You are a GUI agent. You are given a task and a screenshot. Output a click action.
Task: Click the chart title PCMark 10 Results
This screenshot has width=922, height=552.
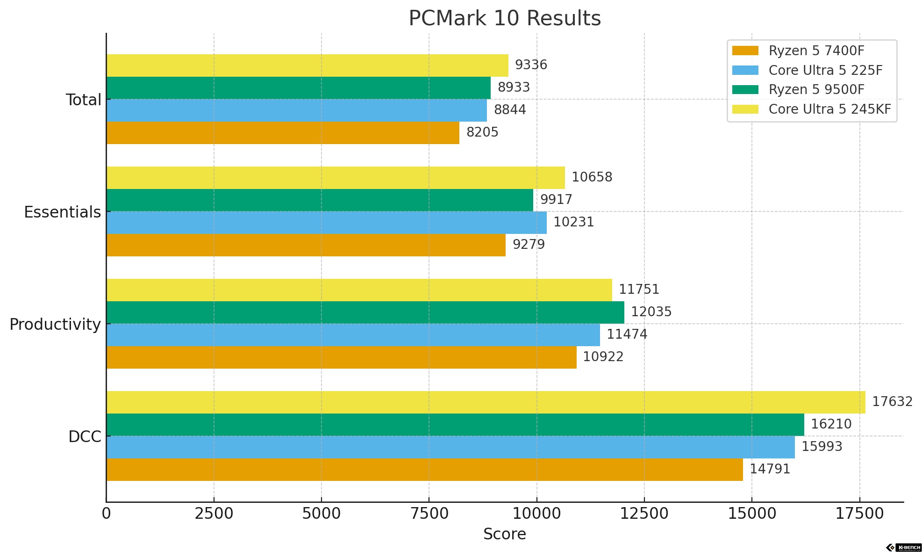point(504,19)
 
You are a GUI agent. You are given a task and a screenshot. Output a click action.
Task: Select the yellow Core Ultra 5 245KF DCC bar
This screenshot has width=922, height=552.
point(486,402)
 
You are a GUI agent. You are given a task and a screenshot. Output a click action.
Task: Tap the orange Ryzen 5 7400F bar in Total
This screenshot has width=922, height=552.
point(283,133)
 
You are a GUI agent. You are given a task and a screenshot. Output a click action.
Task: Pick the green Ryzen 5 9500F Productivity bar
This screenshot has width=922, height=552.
point(365,312)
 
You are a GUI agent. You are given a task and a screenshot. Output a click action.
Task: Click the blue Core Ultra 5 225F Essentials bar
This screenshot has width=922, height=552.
point(326,223)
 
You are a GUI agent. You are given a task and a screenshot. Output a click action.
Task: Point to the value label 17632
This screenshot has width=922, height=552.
point(892,402)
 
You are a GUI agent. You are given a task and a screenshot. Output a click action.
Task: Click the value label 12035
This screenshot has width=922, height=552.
point(651,312)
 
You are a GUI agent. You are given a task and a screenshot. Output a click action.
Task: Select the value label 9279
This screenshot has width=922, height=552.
point(529,245)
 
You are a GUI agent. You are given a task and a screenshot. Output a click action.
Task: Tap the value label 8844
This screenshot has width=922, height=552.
point(510,110)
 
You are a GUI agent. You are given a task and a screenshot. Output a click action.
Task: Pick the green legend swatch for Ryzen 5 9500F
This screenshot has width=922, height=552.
point(745,89)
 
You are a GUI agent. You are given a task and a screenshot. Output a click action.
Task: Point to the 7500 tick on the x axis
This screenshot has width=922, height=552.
point(429,514)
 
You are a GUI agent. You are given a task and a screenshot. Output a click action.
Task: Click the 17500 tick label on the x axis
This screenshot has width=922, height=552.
point(859,514)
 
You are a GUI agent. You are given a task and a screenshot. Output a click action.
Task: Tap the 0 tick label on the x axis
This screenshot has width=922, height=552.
point(107,514)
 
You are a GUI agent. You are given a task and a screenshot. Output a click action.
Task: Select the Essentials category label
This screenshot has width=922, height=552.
point(62,212)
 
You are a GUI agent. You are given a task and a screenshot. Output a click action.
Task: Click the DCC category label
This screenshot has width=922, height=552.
point(85,437)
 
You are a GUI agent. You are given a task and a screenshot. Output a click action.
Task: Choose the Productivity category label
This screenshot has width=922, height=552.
point(55,325)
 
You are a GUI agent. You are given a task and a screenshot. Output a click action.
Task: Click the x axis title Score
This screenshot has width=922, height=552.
point(504,534)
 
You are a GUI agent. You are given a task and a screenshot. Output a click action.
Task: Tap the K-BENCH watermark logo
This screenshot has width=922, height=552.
point(904,547)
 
